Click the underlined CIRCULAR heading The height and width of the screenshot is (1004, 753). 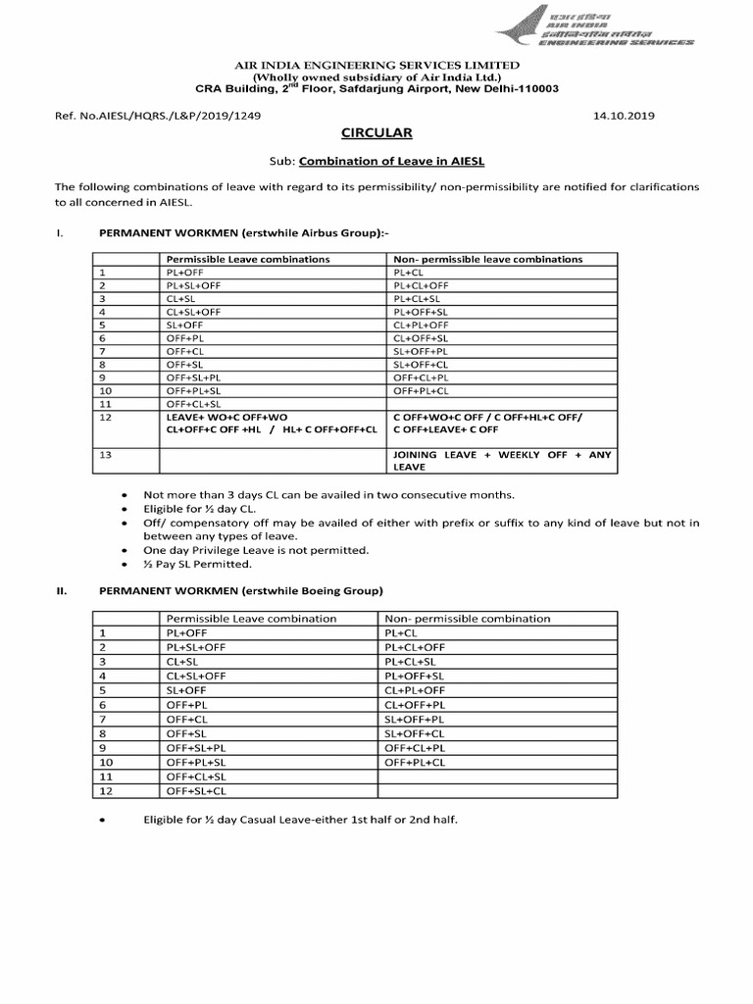pyautogui.click(x=376, y=132)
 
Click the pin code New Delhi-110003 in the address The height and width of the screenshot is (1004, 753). pyautogui.click(x=516, y=88)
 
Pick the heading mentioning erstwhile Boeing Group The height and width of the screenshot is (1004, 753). pyautogui.click(x=241, y=591)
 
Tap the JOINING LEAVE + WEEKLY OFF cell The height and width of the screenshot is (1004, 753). pyautogui.click(x=501, y=461)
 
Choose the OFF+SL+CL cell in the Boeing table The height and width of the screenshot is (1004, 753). pyautogui.click(x=196, y=790)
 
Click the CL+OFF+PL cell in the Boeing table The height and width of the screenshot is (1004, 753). pyautogui.click(x=415, y=704)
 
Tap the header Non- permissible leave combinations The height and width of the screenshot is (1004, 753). pyautogui.click(x=487, y=259)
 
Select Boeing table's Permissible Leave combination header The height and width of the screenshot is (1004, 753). pyautogui.click(x=251, y=619)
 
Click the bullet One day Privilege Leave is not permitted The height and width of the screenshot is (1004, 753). pyautogui.click(x=256, y=550)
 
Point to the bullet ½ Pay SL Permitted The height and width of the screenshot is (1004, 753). pyautogui.click(x=197, y=564)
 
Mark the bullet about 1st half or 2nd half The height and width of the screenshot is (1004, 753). pyautogui.click(x=300, y=818)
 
